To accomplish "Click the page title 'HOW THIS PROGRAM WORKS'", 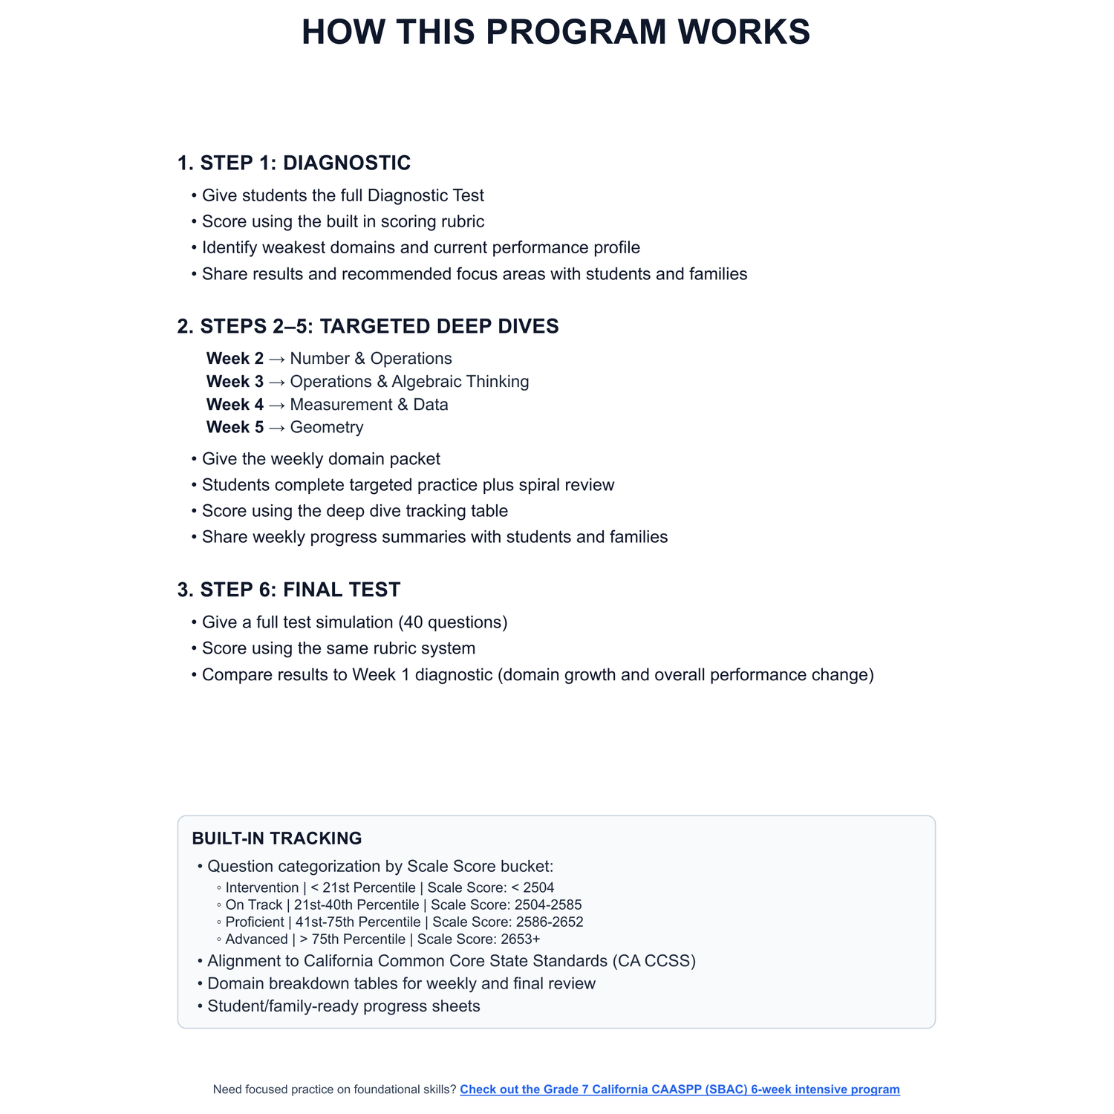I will click(x=556, y=33).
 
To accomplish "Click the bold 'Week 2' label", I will click(x=235, y=359).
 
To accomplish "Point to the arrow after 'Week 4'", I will click(x=276, y=405).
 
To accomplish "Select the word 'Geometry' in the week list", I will click(x=327, y=428).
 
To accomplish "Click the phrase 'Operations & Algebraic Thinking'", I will click(x=409, y=382).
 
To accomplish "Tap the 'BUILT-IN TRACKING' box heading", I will click(x=277, y=838).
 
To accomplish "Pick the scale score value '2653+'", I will click(x=521, y=939).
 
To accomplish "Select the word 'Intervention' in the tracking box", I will click(x=262, y=888).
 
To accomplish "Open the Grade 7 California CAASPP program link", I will click(x=680, y=1089).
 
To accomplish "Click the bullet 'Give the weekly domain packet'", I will click(x=321, y=459).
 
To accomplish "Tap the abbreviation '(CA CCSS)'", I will click(x=654, y=961).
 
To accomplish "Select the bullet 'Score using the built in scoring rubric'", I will click(x=343, y=222).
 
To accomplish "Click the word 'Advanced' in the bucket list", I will click(x=256, y=939).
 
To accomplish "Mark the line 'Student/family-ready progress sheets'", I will click(x=344, y=1006).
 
